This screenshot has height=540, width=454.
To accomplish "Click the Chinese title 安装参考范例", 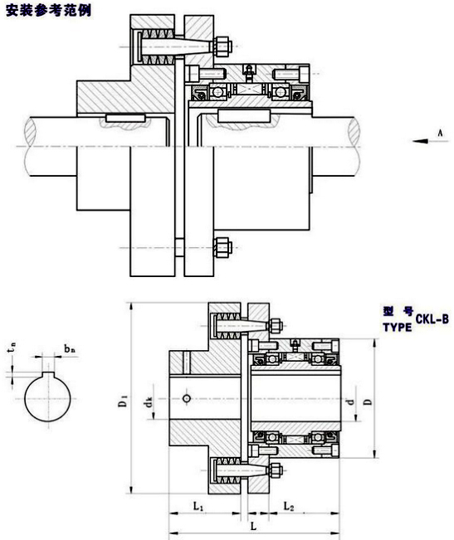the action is pos(49,10).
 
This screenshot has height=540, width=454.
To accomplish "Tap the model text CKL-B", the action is pos(432,319).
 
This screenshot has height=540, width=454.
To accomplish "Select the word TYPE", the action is pos(398,327).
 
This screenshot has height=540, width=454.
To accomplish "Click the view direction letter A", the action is pos(440,133).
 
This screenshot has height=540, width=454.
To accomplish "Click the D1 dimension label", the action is pos(123,401).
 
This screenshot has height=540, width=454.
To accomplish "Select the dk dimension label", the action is pos(149,402).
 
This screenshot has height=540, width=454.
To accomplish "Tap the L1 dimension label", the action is pos(198,506).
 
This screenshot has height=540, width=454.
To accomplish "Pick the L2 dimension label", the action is pos(288,506).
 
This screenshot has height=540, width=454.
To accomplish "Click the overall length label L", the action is pos(253,526).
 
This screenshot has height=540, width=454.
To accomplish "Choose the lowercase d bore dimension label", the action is pos(350,401).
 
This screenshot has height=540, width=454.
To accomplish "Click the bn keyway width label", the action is pos(70,349).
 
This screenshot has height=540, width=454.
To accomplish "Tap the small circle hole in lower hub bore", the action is pos(187,398).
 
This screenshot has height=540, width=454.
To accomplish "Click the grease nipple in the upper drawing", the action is pos(248,71).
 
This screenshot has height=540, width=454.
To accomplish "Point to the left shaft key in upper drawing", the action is pos(125,119).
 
